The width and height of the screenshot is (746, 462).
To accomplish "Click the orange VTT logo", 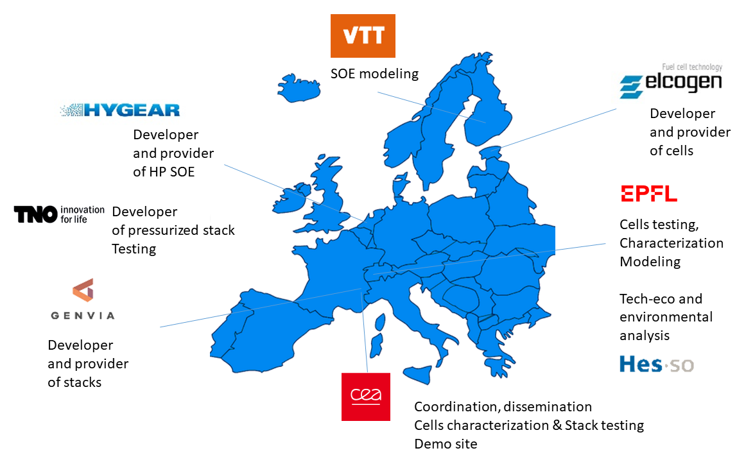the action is pyautogui.click(x=363, y=36).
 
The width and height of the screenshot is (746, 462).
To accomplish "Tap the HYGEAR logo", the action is pyautogui.click(x=120, y=110).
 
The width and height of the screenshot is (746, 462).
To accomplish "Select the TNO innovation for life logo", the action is pyautogui.click(x=59, y=214).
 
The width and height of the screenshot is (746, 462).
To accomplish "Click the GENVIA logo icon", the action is pyautogui.click(x=83, y=290).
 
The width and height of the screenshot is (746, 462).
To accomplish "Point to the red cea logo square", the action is pyautogui.click(x=366, y=397).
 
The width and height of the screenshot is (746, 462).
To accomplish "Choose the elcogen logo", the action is pyautogui.click(x=671, y=81).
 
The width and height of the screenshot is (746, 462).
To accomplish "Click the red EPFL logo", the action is pyautogui.click(x=649, y=193).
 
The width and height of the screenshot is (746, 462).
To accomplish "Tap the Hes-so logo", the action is pyautogui.click(x=657, y=364).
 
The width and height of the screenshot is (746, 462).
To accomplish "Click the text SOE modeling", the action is pyautogui.click(x=374, y=74).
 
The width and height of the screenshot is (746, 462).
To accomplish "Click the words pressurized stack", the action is pyautogui.click(x=181, y=230).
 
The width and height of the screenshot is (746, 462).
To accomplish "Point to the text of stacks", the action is pyautogui.click(x=74, y=382).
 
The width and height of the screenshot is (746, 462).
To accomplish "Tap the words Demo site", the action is pyautogui.click(x=446, y=444).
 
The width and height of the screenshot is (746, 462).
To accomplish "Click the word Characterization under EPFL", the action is pyautogui.click(x=672, y=243).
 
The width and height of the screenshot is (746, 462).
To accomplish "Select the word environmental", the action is pyautogui.click(x=666, y=317).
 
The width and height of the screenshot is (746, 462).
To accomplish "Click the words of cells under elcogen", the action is pyautogui.click(x=672, y=151).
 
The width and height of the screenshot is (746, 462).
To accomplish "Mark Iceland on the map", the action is pyautogui.click(x=299, y=88).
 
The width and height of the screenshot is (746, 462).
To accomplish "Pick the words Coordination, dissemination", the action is pyautogui.click(x=503, y=407).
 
